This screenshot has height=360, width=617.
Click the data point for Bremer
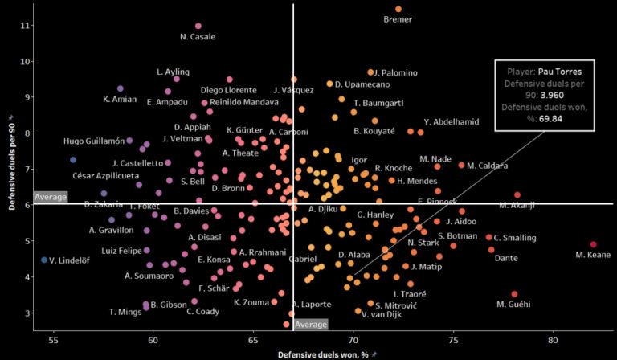click(398, 10)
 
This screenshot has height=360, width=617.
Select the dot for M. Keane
click(593, 244)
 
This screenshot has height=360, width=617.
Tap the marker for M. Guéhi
click(514, 294)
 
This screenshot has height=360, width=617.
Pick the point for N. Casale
click(198, 26)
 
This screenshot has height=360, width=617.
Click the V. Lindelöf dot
click(44, 260)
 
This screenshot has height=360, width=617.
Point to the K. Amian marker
click(121, 88)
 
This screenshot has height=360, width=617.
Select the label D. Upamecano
click(362, 84)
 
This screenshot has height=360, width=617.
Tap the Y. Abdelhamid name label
click(452, 121)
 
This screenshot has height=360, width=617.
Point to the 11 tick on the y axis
click(25, 25)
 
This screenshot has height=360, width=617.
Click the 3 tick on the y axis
click(27, 313)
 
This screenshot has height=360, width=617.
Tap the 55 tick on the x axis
click(54, 340)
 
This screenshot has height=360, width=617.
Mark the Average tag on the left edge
click(51, 196)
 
